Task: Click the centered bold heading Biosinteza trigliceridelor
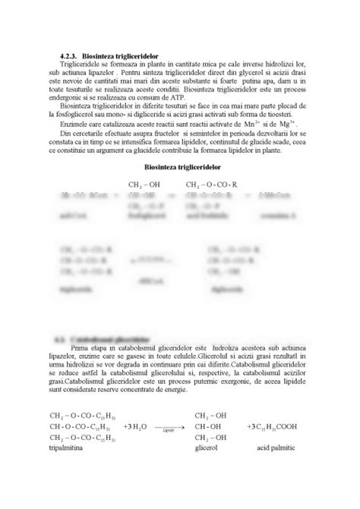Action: point(180,165)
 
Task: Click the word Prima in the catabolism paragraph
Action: point(80,346)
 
